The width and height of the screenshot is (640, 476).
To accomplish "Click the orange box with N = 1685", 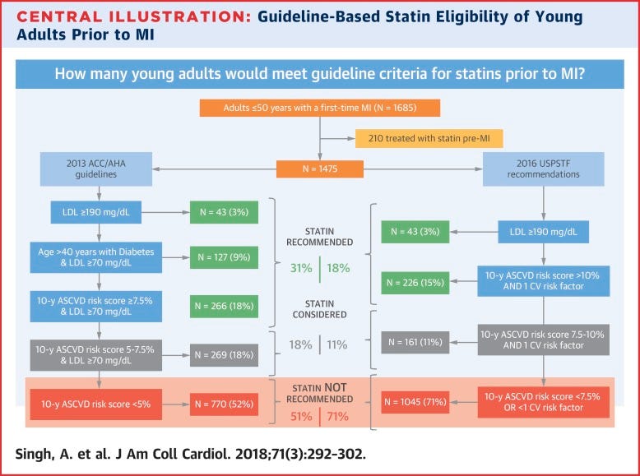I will pyautogui.click(x=320, y=108).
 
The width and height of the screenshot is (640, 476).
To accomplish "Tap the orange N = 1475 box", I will pyautogui.click(x=320, y=169).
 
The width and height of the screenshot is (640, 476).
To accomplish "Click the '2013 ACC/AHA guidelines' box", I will pyautogui.click(x=98, y=169).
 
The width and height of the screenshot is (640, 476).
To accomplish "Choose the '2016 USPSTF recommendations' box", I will pyautogui.click(x=543, y=169).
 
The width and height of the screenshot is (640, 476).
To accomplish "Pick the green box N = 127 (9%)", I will pyautogui.click(x=224, y=257).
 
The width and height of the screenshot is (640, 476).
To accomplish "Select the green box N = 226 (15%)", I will pyautogui.click(x=415, y=282).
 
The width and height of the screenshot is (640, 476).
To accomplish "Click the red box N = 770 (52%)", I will pyautogui.click(x=224, y=403).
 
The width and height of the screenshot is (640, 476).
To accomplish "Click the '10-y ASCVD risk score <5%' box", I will pyautogui.click(x=98, y=403).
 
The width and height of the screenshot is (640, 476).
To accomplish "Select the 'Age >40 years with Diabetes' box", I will pyautogui.click(x=98, y=257).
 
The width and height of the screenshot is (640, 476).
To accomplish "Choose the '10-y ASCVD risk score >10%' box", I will pyautogui.click(x=544, y=282).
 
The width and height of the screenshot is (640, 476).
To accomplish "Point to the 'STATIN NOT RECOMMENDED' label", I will pyautogui.click(x=319, y=394).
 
